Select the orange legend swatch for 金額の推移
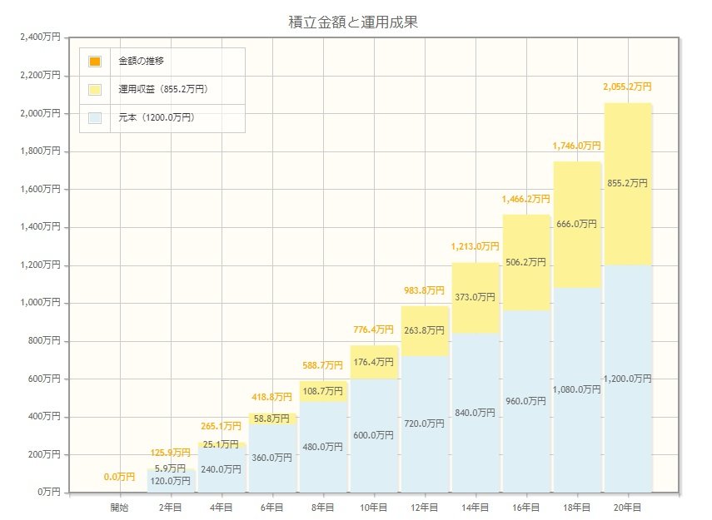coord(95,62)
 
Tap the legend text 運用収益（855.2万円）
coord(163,89)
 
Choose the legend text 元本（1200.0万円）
coord(157,117)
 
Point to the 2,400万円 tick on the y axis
coord(39,37)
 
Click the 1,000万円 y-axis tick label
coord(39,303)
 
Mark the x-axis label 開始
coord(120,506)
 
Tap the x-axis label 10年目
coord(373,506)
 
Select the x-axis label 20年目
coord(627,506)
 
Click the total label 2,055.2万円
coord(627,87)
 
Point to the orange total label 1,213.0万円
coord(475,246)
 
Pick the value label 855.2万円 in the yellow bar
coord(628,183)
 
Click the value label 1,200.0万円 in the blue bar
coord(628,379)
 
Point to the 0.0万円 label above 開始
coord(120,477)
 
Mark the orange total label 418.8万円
coord(272,398)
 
